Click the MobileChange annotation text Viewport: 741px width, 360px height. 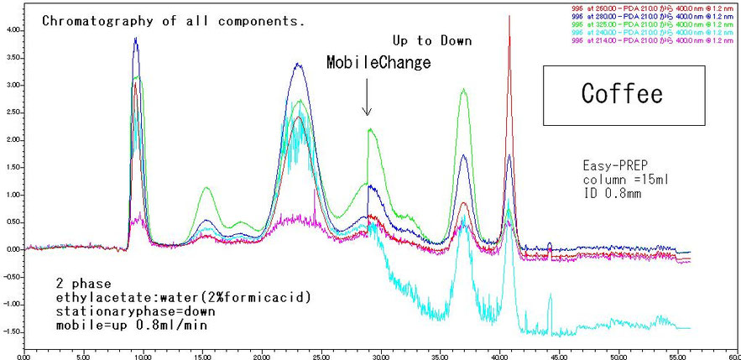(379, 63)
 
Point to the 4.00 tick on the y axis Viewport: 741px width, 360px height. (13, 29)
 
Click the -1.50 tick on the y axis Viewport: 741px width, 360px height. (11, 331)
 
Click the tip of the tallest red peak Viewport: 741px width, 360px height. (509, 17)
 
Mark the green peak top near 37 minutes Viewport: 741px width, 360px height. (463, 90)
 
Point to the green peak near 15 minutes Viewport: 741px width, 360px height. (206, 188)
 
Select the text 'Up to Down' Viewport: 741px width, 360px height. (432, 40)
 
